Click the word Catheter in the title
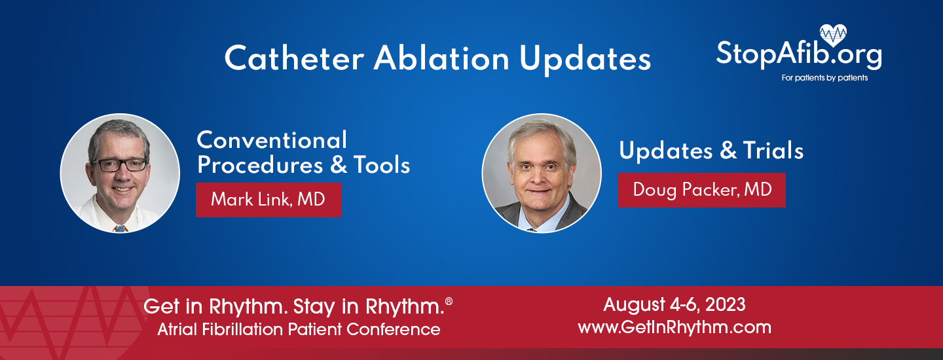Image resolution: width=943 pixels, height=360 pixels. [x=293, y=59]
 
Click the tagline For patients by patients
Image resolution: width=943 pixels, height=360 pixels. [x=824, y=78]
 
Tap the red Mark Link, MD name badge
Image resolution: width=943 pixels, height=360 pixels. [x=268, y=199]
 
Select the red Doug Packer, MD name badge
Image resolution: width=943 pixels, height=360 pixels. [x=701, y=190]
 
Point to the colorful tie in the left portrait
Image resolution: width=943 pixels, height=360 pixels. [x=119, y=228]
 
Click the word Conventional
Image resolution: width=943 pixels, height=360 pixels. [x=272, y=140]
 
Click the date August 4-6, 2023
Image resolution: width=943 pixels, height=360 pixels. [x=674, y=304]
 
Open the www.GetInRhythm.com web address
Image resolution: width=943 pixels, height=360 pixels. [x=674, y=327]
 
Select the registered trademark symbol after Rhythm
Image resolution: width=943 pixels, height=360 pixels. [x=449, y=300]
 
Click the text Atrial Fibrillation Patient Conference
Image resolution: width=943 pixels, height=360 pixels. [x=299, y=329]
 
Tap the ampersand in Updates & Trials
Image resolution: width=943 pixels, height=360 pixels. [x=728, y=151]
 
